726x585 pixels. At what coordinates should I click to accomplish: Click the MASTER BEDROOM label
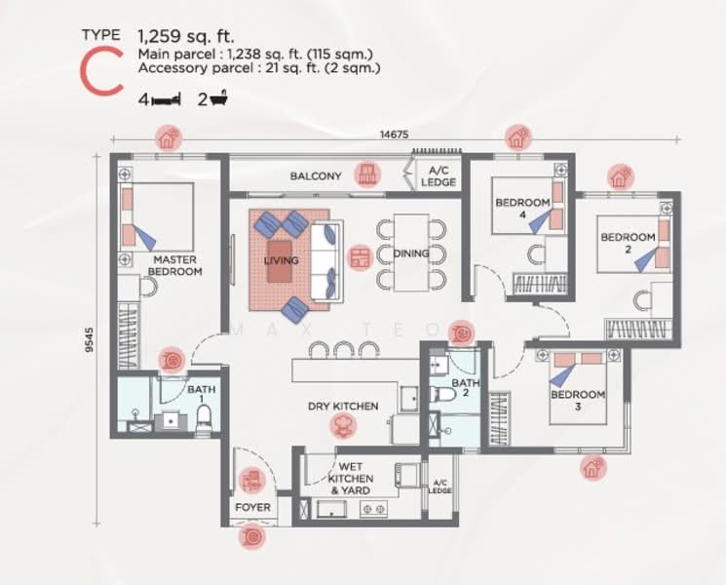point(175,265)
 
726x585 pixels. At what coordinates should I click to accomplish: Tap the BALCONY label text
point(315,176)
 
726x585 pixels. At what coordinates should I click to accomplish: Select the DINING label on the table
point(411,254)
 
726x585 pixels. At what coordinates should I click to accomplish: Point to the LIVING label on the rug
point(281,261)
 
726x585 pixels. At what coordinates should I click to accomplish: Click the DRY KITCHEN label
point(343,406)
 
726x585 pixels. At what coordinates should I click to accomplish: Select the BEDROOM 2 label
point(628,243)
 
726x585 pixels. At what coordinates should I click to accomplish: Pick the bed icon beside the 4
point(167,98)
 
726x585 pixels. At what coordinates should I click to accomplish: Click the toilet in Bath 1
point(204,417)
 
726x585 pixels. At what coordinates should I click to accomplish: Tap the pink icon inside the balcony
point(366,175)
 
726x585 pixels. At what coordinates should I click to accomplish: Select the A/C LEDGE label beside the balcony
point(438,175)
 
